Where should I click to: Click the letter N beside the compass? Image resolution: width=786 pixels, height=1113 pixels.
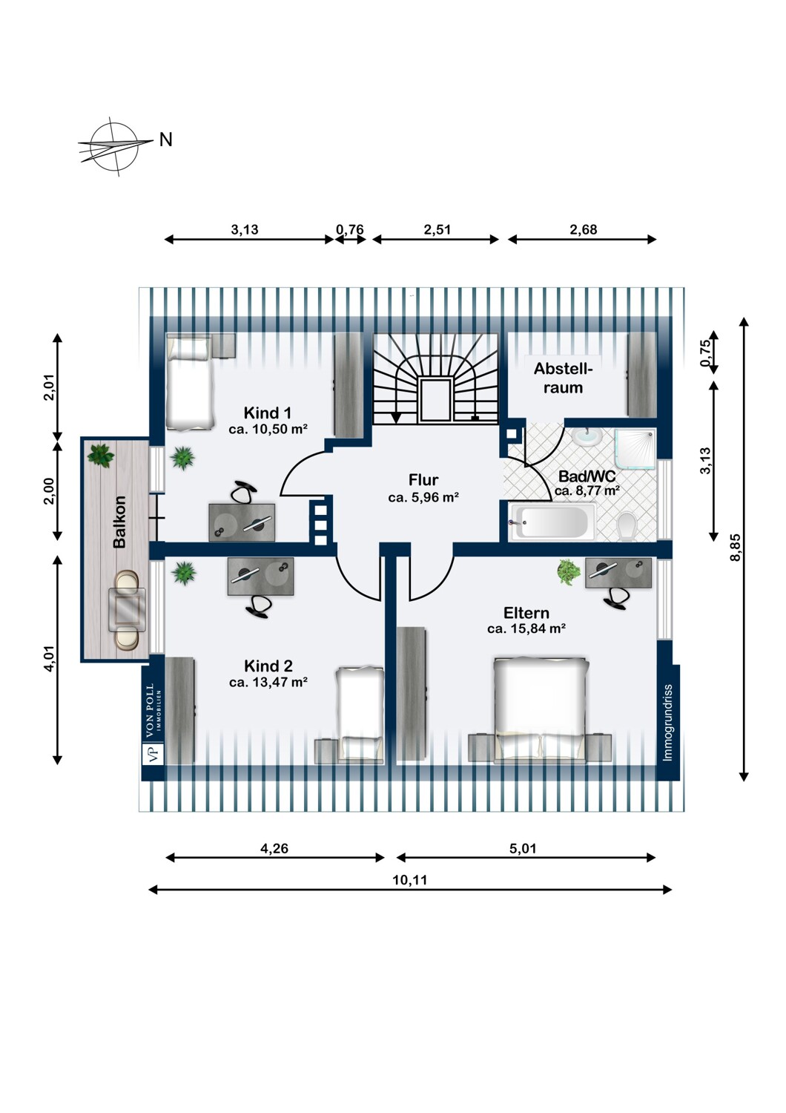(166, 140)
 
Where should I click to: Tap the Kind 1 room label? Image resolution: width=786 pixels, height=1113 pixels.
(267, 413)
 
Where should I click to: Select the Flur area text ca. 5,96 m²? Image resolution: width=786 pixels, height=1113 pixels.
(423, 497)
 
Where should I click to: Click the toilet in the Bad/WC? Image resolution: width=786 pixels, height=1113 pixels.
(627, 525)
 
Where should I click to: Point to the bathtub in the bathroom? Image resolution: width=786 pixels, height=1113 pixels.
(551, 521)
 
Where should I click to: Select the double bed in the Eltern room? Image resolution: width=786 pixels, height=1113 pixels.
(541, 709)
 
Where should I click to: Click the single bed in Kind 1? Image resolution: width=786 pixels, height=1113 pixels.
(190, 383)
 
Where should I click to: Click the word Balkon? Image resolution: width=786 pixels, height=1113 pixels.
(119, 522)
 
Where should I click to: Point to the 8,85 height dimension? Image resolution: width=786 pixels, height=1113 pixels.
(735, 548)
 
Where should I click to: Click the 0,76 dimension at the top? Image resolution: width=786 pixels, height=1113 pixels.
(350, 229)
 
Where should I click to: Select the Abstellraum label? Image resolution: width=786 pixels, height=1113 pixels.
(563, 378)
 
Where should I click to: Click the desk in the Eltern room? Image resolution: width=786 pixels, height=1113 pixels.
(618, 573)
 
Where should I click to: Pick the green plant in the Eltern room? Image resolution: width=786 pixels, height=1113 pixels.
(569, 571)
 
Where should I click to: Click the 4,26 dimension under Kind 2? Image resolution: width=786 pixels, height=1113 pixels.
(274, 847)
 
